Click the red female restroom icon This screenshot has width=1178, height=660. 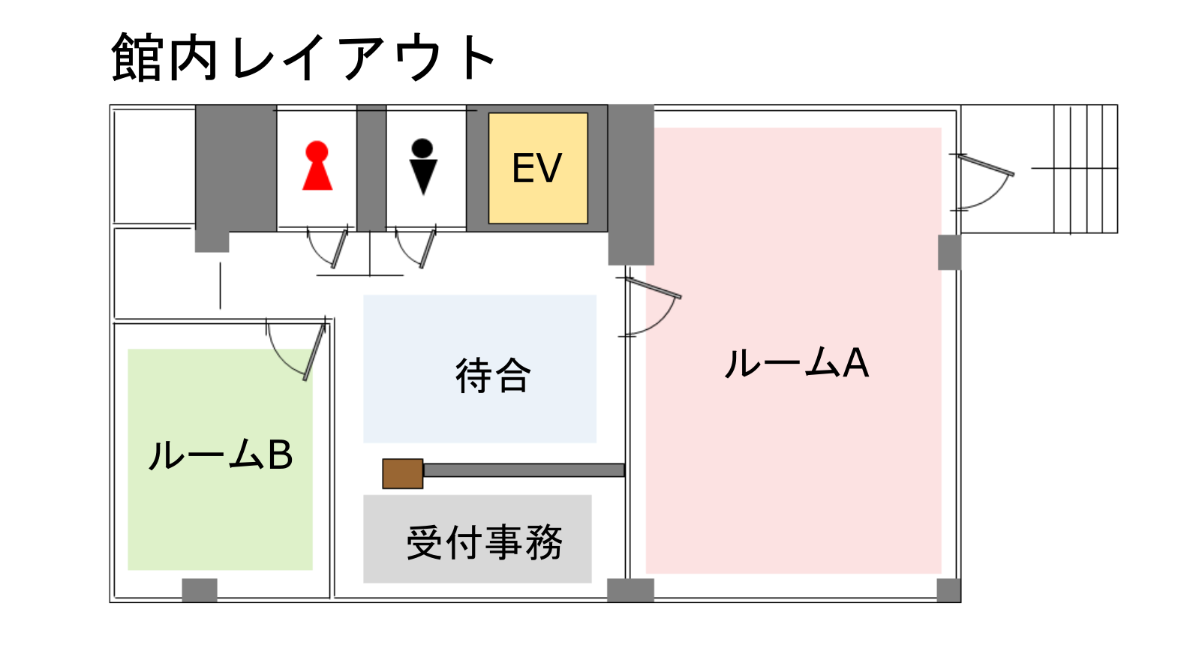tap(317, 166)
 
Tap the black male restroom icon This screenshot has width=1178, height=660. tap(423, 166)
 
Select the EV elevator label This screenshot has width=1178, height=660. tap(536, 168)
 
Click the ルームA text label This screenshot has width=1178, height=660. tap(796, 364)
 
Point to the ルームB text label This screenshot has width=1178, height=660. tap(221, 455)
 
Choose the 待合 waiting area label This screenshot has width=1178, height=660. tap(493, 375)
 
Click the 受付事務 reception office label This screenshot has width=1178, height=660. tap(484, 541)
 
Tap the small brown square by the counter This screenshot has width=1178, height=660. tap(403, 473)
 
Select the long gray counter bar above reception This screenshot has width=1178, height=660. tap(524, 470)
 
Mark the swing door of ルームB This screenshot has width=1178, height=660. tap(314, 352)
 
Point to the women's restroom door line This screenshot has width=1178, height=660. tap(339, 248)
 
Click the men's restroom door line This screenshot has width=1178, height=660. tap(428, 248)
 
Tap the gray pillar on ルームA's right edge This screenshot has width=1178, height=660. tap(949, 252)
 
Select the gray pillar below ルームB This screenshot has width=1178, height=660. tap(200, 589)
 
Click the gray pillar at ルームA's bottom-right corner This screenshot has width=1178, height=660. tap(948, 589)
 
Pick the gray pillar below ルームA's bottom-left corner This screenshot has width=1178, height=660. tap(630, 589)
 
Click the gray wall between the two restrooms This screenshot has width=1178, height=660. tap(371, 168)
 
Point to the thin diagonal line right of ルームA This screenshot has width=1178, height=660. tap(986, 165)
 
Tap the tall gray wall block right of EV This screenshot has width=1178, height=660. tap(630, 184)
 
